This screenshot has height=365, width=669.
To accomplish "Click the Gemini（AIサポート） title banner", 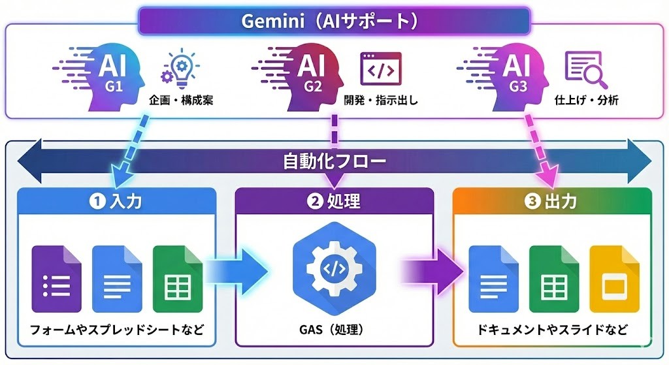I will click(x=334, y=21).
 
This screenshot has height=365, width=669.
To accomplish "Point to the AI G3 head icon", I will click(x=513, y=73).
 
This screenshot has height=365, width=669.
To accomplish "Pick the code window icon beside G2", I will click(x=380, y=69).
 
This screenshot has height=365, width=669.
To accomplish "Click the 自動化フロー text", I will click(x=334, y=160).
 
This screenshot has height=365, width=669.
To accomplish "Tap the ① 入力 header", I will click(x=116, y=202).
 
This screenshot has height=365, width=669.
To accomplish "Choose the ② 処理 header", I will click(x=334, y=202).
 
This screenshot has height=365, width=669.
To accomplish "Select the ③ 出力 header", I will click(x=551, y=202).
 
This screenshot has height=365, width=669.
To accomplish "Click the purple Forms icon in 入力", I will click(x=57, y=279).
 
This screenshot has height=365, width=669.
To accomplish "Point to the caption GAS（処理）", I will click(x=334, y=330).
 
